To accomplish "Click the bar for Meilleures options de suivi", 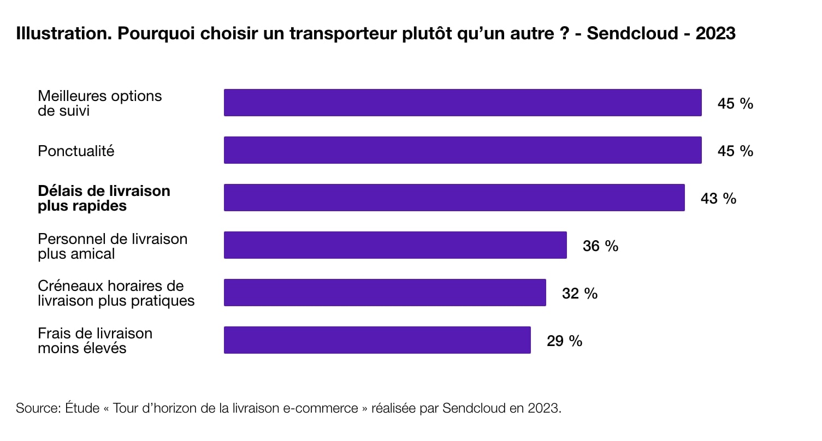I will (x=463, y=103).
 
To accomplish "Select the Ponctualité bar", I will (x=463, y=150).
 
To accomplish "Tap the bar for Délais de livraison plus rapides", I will (x=454, y=198).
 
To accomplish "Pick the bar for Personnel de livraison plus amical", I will (x=395, y=245).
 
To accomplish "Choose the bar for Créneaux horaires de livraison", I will (x=385, y=293).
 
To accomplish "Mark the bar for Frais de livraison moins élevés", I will (x=377, y=340).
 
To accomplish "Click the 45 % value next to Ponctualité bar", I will (x=735, y=151).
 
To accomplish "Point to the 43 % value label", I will (x=718, y=198).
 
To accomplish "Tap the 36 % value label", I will (x=600, y=246).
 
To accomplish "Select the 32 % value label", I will (x=579, y=293).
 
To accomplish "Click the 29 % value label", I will (x=564, y=341).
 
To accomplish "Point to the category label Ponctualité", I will (x=76, y=151).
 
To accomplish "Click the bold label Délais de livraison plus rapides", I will (x=104, y=198).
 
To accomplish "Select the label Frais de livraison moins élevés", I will (x=94, y=341).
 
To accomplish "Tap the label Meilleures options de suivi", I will (x=99, y=103).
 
